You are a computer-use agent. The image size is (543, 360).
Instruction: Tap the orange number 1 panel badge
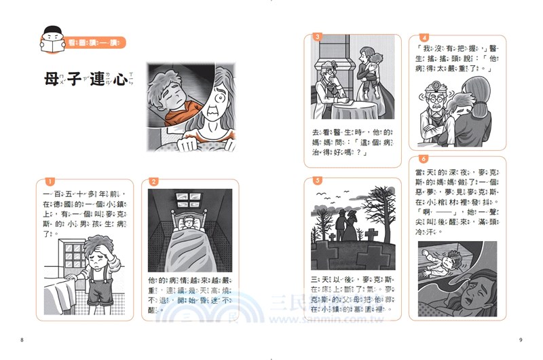(48, 181)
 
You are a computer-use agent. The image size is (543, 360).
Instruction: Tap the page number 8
(22, 340)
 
